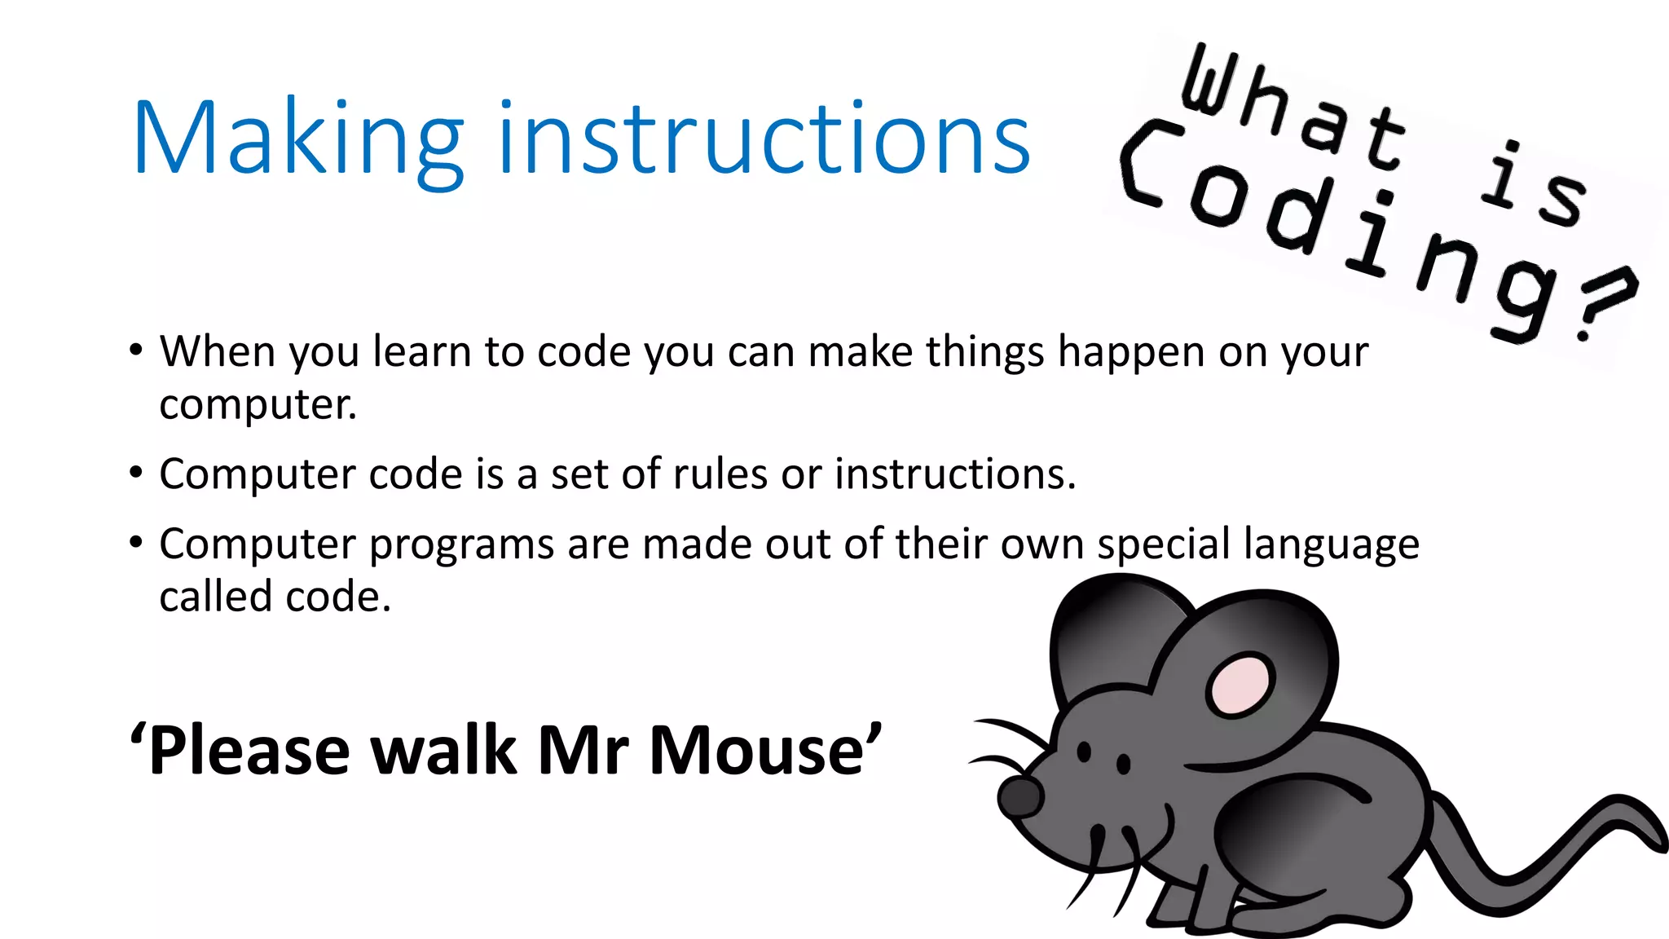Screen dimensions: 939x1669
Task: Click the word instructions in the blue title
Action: pyautogui.click(x=764, y=139)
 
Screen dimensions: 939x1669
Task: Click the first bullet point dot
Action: pyautogui.click(x=136, y=351)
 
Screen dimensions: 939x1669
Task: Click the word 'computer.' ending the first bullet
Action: pyautogui.click(x=258, y=405)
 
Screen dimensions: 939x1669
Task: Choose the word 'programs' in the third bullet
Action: pyautogui.click(x=461, y=545)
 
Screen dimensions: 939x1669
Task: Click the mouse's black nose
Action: pyautogui.click(x=1019, y=796)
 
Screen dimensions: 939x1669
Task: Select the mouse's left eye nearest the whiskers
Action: pyautogui.click(x=1084, y=752)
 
